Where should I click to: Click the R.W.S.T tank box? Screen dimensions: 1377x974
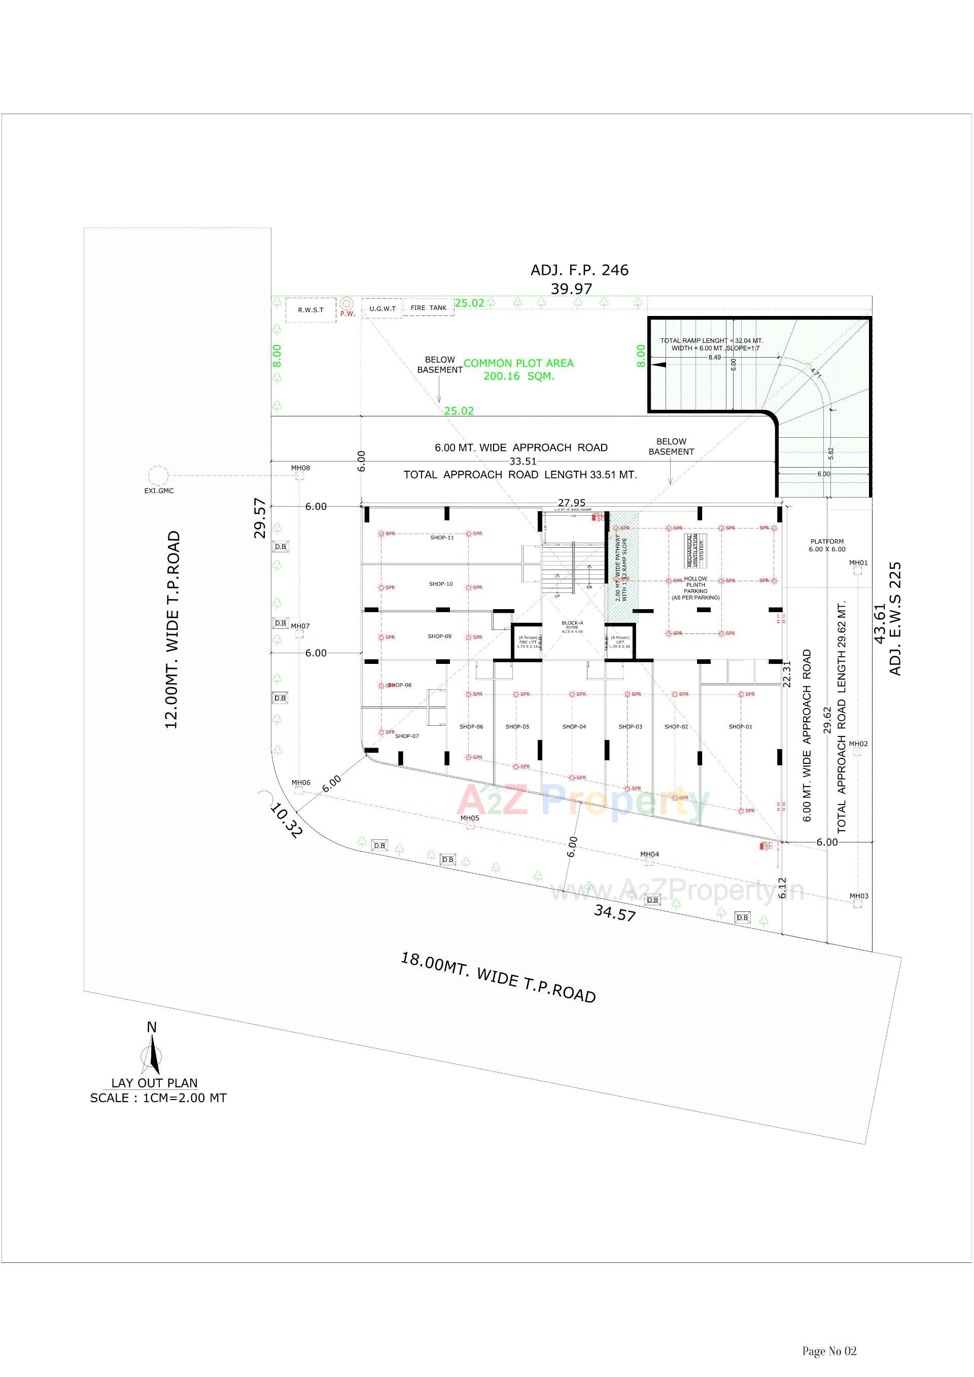310,310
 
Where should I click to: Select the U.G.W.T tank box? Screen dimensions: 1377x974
381,308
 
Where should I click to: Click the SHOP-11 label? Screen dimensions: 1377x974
442,538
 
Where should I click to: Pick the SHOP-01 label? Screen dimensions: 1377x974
740,727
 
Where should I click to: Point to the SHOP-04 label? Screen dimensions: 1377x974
574,727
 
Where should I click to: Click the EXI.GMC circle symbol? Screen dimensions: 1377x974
158,476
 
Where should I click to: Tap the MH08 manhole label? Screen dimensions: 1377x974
300,468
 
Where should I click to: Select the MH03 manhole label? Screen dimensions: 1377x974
858,896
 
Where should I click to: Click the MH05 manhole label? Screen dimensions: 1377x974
470,818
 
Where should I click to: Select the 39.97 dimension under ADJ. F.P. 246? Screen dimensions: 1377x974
571,289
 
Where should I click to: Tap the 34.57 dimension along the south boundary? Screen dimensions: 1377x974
614,912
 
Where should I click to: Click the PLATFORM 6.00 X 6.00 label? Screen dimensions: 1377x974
827,545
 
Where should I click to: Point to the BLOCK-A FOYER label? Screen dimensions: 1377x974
572,625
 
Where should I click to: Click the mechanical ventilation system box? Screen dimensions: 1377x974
695,551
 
